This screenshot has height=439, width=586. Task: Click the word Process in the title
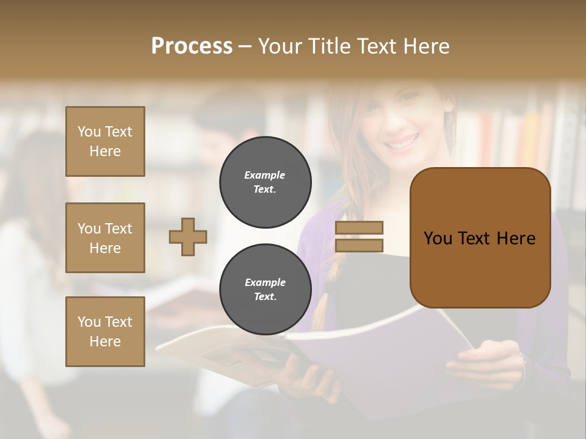[x=192, y=46]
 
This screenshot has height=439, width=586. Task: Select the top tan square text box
[x=105, y=141]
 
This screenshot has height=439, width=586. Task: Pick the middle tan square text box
[x=105, y=238]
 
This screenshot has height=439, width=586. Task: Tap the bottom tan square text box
[x=105, y=332]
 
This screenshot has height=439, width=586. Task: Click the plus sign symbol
[x=188, y=237]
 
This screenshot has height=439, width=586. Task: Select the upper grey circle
[x=265, y=182]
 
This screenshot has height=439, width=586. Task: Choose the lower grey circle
[x=265, y=290]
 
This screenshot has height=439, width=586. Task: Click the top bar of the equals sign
[x=359, y=227]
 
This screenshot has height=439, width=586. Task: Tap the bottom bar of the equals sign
[x=359, y=245]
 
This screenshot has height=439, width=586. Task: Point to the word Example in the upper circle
[x=265, y=176]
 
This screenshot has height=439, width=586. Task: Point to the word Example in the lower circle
[x=265, y=283]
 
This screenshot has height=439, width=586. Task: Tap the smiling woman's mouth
[x=402, y=145]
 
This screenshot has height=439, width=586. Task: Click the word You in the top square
[x=89, y=132]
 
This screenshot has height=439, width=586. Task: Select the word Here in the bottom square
[x=105, y=341]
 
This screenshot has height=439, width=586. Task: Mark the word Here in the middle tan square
[x=105, y=248]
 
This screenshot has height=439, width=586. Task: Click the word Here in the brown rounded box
[x=516, y=238]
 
